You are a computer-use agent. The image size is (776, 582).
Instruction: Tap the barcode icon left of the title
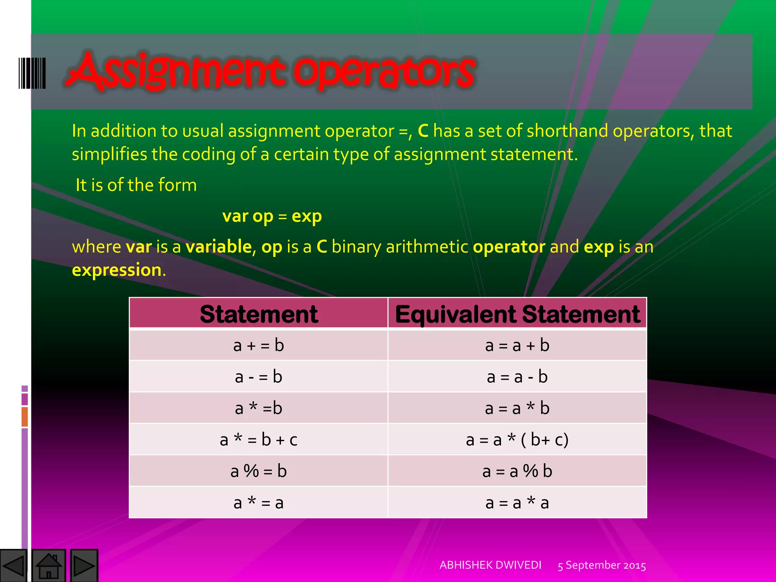[32, 73]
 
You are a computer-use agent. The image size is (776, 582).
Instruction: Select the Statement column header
[259, 314]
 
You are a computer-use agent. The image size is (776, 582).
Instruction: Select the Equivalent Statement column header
[517, 314]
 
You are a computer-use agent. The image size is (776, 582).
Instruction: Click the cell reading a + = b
[259, 346]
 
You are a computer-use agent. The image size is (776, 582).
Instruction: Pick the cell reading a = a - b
[517, 377]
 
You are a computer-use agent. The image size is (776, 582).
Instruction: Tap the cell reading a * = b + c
[259, 440]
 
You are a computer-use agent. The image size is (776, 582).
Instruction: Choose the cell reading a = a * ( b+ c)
[517, 440]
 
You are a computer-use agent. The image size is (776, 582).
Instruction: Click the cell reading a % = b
[259, 471]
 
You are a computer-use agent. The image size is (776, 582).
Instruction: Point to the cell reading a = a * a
[517, 503]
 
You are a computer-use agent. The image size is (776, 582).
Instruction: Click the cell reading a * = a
[259, 503]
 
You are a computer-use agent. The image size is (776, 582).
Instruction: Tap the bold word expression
[117, 270]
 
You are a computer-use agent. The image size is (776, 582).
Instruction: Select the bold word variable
[219, 247]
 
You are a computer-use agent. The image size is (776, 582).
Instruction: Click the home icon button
[49, 565]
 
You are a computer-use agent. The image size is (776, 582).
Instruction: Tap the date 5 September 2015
[602, 565]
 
